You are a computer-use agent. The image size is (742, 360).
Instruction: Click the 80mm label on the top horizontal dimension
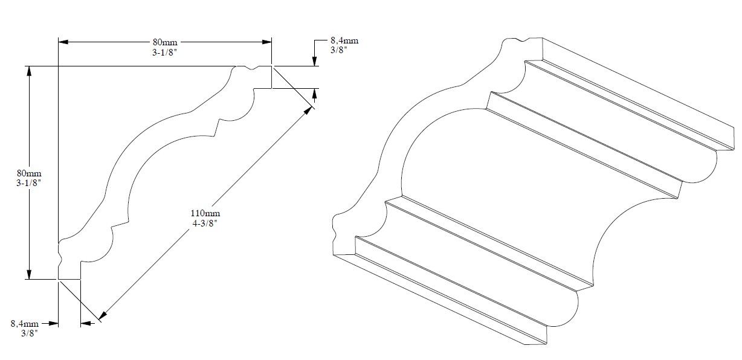coord(165,42)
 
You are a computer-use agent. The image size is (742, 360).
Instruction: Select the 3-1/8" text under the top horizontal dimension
coord(163,53)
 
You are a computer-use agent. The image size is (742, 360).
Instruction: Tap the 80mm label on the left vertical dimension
coord(29,173)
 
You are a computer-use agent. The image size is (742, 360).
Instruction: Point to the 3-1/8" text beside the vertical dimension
coord(28,183)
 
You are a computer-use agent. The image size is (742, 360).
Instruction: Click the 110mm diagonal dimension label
coord(205,213)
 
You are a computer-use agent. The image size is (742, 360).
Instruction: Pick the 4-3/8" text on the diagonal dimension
coord(205,223)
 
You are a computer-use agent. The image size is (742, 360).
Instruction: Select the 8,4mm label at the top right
coord(344,40)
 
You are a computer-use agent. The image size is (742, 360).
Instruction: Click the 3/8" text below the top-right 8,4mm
coord(338,50)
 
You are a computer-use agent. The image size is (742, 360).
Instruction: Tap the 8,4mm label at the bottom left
coord(25,324)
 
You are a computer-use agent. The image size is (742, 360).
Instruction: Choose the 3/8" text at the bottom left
coord(30,333)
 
